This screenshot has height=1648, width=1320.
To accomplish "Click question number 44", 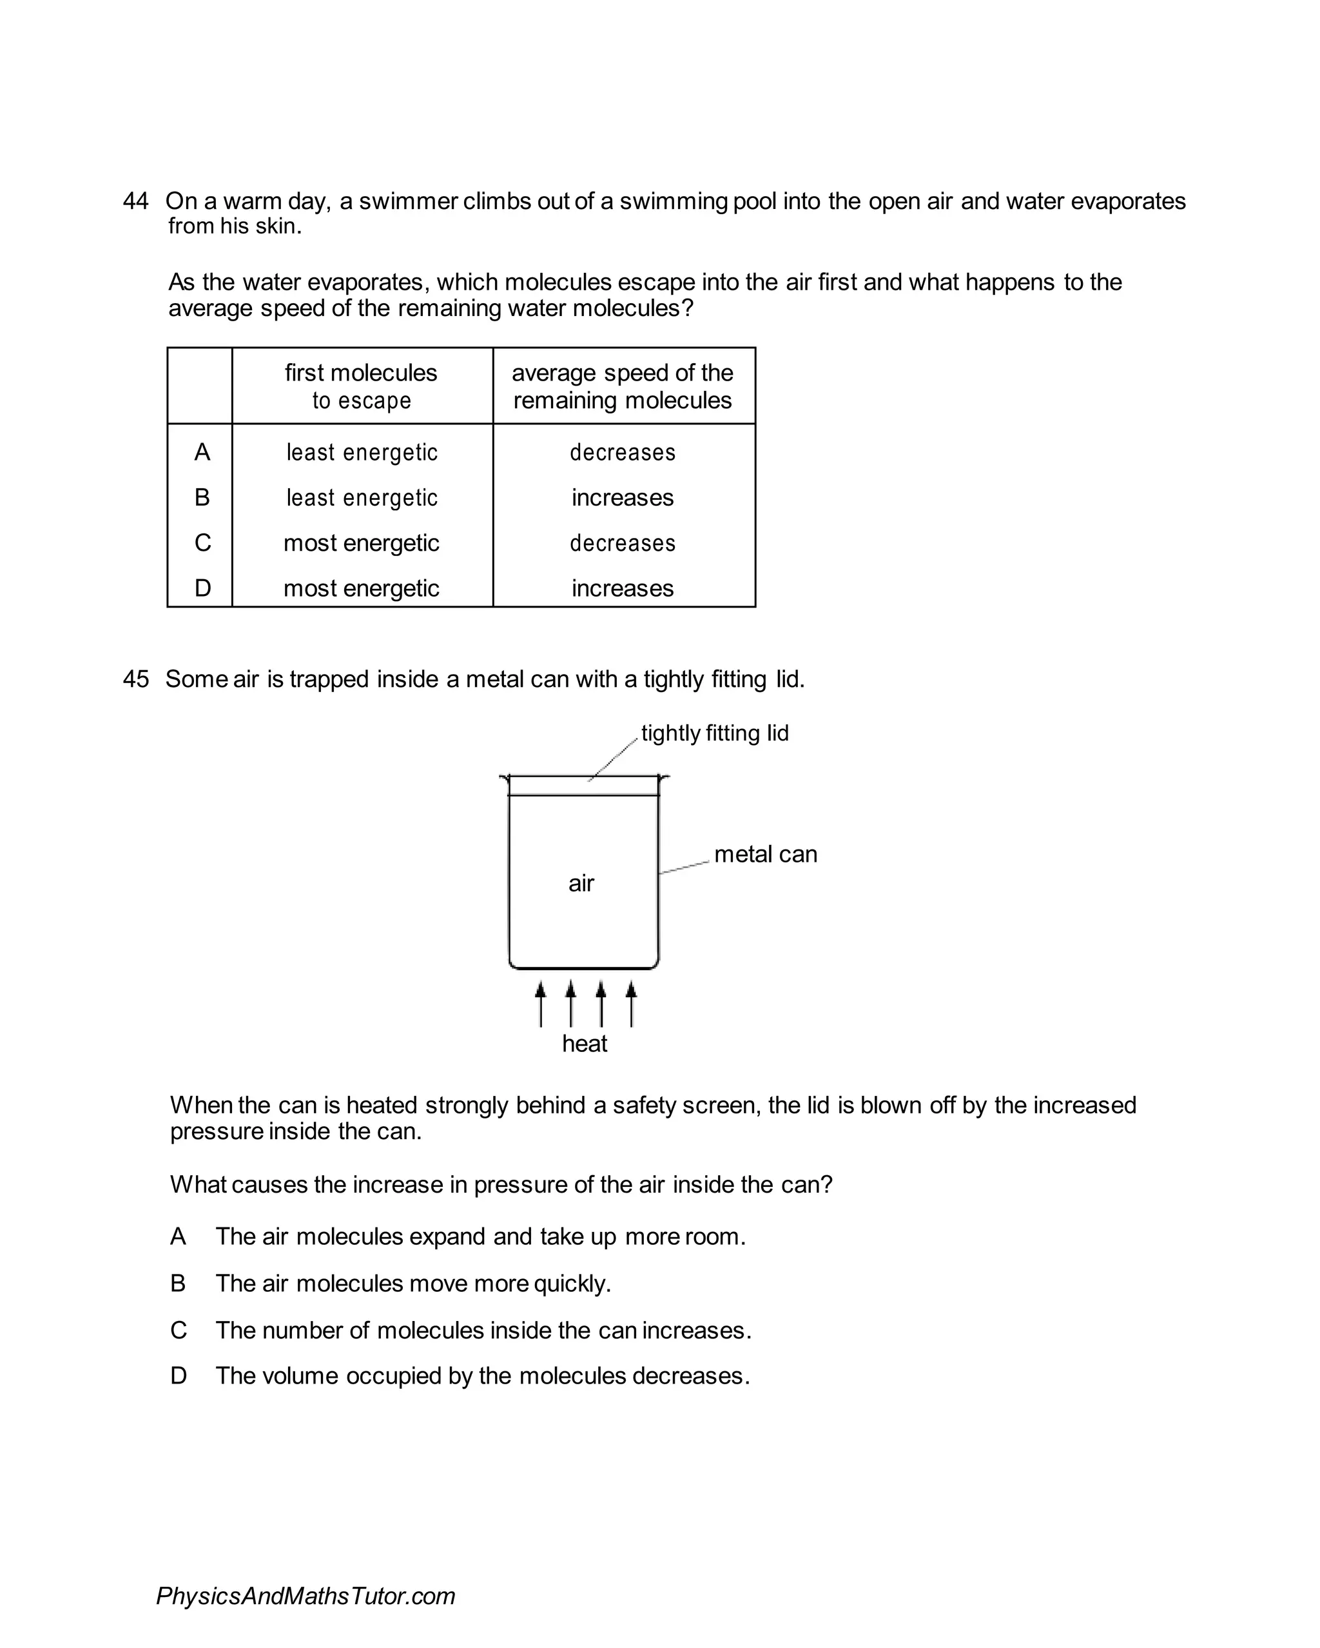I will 135,201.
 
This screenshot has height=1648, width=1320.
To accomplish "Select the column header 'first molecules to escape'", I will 362,386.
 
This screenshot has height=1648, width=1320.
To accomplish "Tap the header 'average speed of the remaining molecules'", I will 623,386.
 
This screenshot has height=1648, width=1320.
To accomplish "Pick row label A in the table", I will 202,453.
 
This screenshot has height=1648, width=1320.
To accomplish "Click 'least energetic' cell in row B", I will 362,497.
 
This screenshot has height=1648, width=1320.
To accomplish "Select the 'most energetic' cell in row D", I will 362,588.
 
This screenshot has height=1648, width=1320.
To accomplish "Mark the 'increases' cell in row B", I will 623,497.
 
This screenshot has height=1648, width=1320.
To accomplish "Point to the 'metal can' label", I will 766,854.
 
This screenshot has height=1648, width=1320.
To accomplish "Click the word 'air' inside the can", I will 581,884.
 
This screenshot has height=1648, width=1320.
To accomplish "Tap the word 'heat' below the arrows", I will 585,1044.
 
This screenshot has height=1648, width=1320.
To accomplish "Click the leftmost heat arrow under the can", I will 541,1004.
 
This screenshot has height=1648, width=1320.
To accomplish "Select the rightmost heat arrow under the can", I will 631,1004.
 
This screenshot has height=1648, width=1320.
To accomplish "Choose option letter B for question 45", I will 178,1284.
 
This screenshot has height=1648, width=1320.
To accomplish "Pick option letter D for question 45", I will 178,1376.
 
